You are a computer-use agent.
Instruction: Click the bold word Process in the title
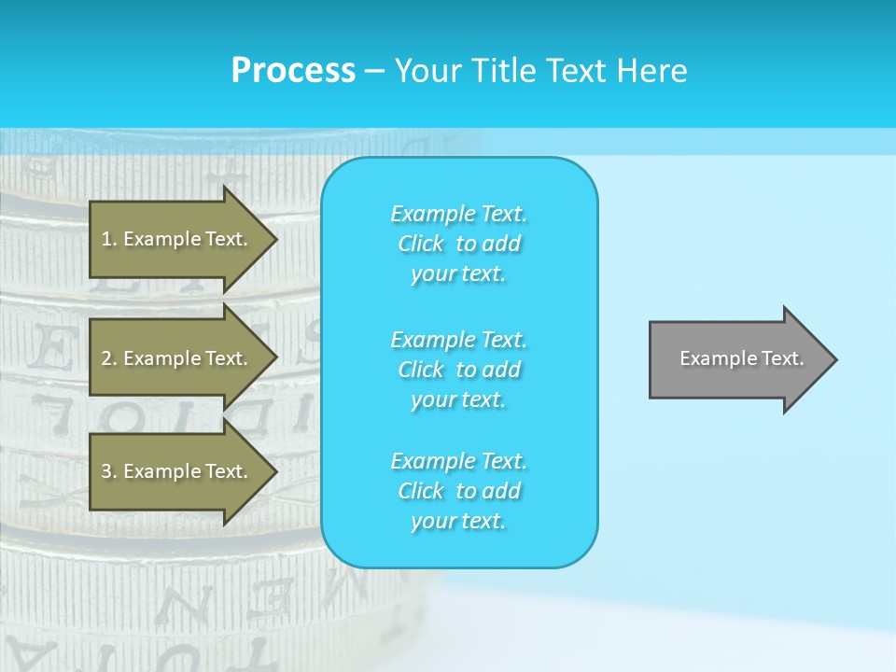click(293, 71)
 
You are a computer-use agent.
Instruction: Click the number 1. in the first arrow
click(109, 240)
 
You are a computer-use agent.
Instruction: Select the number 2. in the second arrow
click(109, 358)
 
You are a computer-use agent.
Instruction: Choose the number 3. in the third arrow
click(109, 472)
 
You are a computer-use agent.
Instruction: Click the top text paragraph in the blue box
click(458, 244)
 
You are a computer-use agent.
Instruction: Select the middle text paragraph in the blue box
click(458, 369)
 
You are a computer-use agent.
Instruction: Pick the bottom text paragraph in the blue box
click(458, 491)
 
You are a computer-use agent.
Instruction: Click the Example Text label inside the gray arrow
click(741, 358)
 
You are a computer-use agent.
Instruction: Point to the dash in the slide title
click(374, 72)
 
